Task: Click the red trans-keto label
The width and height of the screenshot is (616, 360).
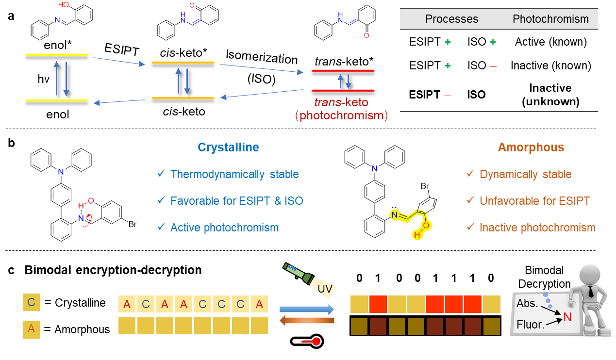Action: pyautogui.click(x=341, y=102)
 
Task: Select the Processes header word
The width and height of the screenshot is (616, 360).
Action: pyautogui.click(x=451, y=19)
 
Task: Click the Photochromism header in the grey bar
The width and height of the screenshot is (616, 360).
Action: pyautogui.click(x=550, y=19)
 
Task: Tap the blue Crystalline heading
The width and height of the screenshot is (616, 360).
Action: pyautogui.click(x=228, y=147)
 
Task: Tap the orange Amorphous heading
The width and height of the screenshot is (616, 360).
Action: pyautogui.click(x=531, y=147)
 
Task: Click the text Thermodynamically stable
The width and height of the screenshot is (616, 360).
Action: pyautogui.click(x=234, y=174)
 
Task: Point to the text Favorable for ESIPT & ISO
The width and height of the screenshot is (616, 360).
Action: pyautogui.click(x=236, y=201)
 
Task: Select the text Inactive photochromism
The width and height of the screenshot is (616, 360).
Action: pyautogui.click(x=537, y=228)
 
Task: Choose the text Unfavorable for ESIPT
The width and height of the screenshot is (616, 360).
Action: pyautogui.click(x=534, y=201)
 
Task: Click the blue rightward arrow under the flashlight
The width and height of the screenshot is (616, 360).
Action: pyautogui.click(x=307, y=309)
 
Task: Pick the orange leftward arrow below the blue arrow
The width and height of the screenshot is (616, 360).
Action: pyautogui.click(x=307, y=320)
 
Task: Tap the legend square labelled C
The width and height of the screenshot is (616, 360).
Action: pyautogui.click(x=31, y=302)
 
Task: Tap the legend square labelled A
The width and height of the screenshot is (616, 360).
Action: pyautogui.click(x=31, y=329)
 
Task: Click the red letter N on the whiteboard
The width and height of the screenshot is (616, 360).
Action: pyautogui.click(x=567, y=318)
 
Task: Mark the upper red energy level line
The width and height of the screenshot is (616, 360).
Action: pyautogui.click(x=343, y=71)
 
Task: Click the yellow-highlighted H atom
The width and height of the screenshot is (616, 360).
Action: pyautogui.click(x=416, y=235)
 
